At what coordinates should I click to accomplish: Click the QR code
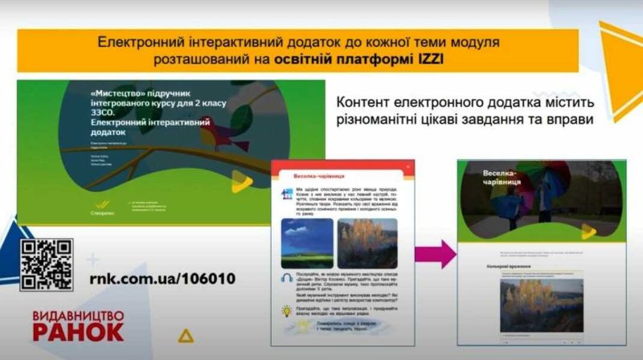pos(47,264)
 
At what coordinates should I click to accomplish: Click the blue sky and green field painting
pos(306,243)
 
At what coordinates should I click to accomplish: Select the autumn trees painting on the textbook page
pos(366,243)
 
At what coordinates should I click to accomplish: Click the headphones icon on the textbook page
pos(285,277)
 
